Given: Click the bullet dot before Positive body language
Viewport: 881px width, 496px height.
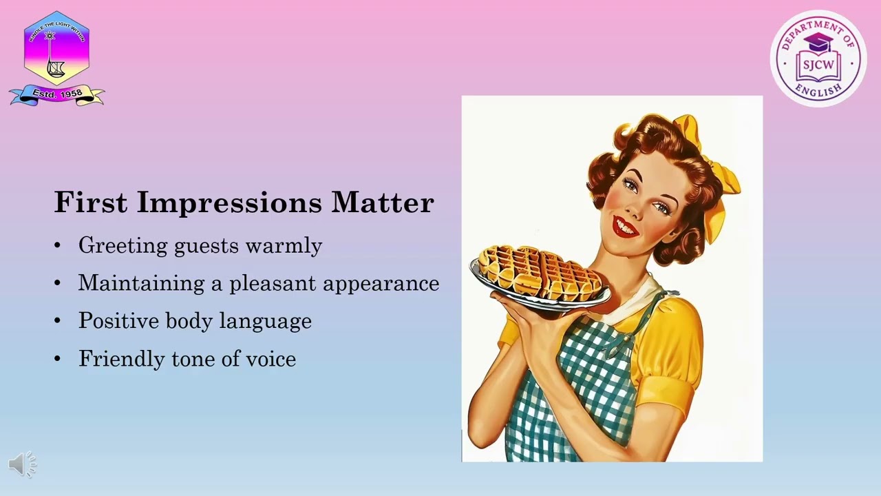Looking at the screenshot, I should pyautogui.click(x=58, y=321).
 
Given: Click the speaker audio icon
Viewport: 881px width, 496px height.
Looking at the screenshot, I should pyautogui.click(x=22, y=465).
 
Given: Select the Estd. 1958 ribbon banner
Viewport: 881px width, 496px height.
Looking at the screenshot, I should pyautogui.click(x=56, y=94).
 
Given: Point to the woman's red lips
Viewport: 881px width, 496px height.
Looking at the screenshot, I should pyautogui.click(x=626, y=226).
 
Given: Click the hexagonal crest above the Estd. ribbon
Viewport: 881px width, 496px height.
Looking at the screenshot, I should pyautogui.click(x=56, y=47).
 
